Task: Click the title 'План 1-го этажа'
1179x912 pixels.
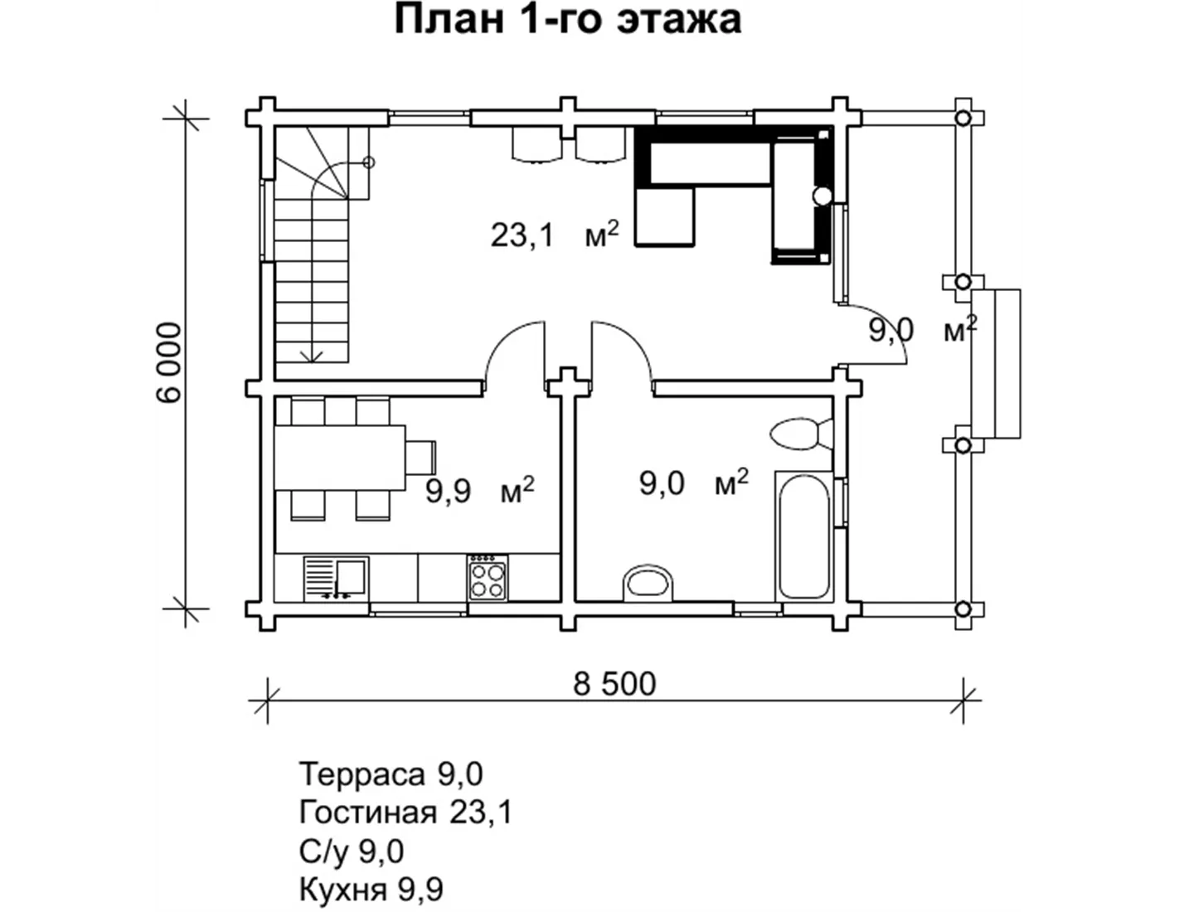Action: pos(567,20)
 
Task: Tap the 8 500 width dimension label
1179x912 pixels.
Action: pos(614,684)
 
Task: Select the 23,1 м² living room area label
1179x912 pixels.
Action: pos(555,235)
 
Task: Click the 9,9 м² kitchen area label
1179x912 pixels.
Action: pos(479,491)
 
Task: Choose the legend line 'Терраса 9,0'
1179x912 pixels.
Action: pos(391,774)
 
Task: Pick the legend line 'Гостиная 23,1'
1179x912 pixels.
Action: pos(405,813)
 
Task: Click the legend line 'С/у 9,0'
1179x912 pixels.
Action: pos(352,851)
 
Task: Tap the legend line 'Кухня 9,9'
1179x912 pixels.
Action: pos(371,890)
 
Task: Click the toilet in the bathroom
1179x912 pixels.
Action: pos(800,434)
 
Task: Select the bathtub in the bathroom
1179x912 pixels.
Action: pos(803,536)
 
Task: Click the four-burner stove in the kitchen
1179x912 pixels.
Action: pos(488,577)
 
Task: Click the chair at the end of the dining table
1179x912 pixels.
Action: pos(421,457)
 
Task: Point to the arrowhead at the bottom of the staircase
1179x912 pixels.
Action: pos(312,357)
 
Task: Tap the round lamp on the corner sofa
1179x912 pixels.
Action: pos(822,196)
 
